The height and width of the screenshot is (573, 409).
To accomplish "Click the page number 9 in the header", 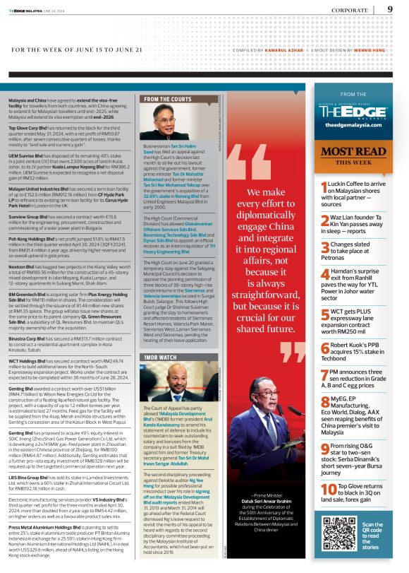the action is [390, 9].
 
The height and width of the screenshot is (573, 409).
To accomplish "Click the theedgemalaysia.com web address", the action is [353, 125].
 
